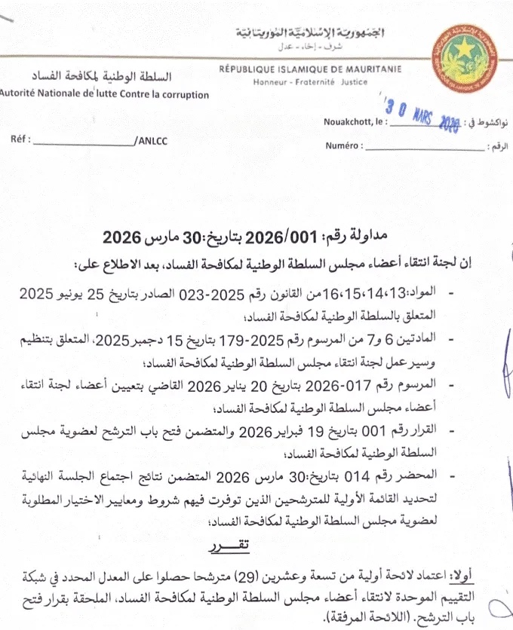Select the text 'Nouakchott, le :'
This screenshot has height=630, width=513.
[x=356, y=121]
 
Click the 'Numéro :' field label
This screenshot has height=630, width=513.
[x=343, y=145]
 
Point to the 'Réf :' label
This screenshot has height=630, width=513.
[x=20, y=141]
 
